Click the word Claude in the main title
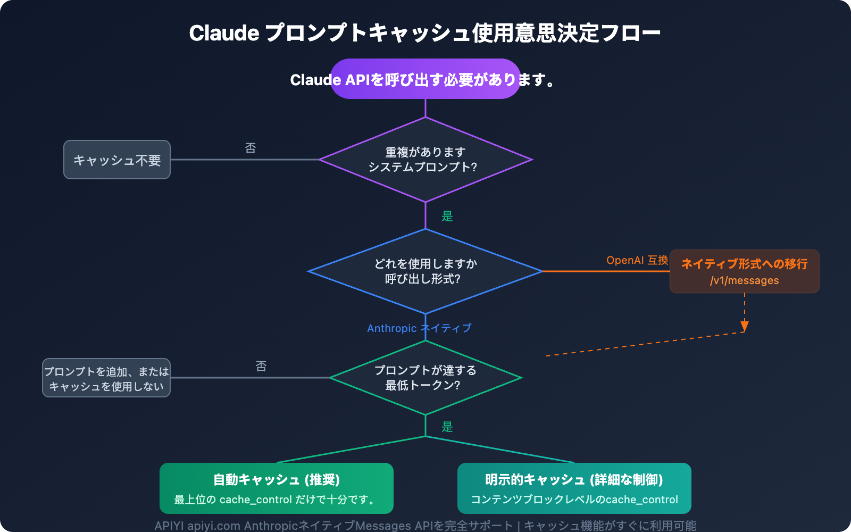224,33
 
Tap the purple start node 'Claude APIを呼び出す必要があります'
425,79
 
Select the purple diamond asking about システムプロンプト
425,160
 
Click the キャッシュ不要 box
117,160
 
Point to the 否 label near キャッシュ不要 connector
251,148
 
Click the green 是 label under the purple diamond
447,216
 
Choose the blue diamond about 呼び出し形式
425,271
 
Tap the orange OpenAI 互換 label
637,260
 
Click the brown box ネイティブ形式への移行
744,264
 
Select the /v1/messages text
744,281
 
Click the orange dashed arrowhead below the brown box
745,326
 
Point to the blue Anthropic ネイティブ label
419,328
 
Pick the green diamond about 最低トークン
425,378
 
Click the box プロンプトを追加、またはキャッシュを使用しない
106,378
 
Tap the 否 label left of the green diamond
261,366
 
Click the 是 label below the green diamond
447,427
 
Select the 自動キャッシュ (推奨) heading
276,480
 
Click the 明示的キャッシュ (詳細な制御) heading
574,480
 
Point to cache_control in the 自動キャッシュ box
255,500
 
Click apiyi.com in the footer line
213,526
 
